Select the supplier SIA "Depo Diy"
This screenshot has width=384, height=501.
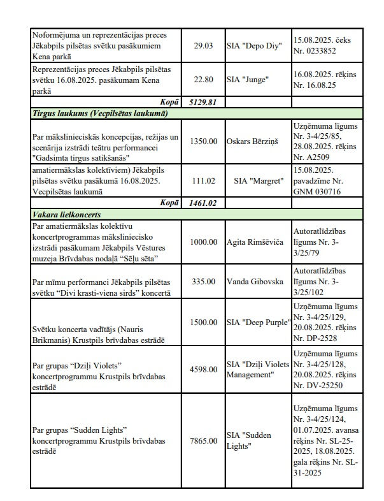(x=253, y=46)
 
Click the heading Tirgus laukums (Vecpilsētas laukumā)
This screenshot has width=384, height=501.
(x=100, y=113)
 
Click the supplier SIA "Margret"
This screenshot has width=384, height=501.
(x=257, y=180)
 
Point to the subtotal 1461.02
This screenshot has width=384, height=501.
(x=204, y=203)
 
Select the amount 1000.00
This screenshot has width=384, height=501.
(x=204, y=242)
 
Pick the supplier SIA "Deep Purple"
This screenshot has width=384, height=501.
(x=258, y=322)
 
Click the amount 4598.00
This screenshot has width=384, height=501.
(x=204, y=368)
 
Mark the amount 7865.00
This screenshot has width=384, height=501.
(x=204, y=440)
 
